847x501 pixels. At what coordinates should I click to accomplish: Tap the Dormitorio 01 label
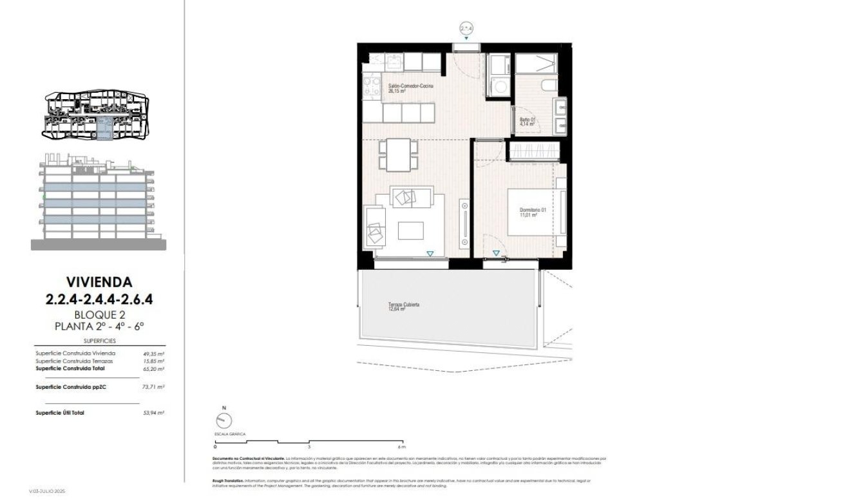[x=533, y=211]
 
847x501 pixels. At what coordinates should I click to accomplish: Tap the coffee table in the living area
[x=411, y=229]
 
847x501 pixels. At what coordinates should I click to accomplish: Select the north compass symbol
[x=224, y=420]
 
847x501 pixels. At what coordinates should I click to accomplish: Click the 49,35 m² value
[x=154, y=354]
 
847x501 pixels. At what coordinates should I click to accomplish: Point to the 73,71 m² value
[x=154, y=387]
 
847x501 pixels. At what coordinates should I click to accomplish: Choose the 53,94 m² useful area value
[x=154, y=412]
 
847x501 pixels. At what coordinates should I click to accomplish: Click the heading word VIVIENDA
[x=99, y=281]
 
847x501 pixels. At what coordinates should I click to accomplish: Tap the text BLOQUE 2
[x=99, y=314]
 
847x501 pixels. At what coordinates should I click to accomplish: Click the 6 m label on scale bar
[x=401, y=446]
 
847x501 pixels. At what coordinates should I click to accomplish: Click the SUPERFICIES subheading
[x=99, y=341]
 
